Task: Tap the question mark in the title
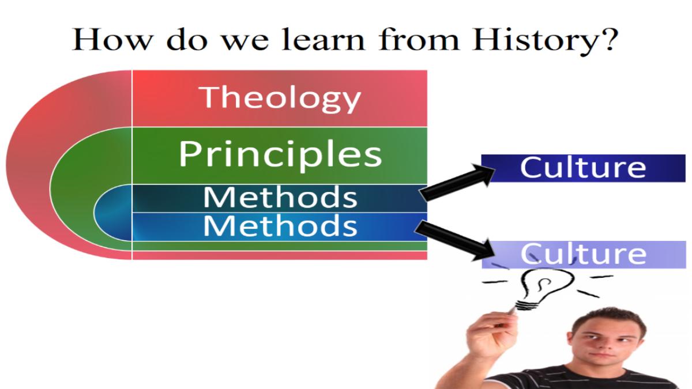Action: click(608, 40)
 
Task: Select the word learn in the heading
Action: click(324, 40)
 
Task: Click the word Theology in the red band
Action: click(280, 99)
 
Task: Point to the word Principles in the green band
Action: click(280, 155)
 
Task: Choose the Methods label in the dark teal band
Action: click(280, 198)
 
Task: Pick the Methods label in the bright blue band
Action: click(280, 226)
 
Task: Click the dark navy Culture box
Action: click(583, 168)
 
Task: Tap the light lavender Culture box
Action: click(584, 254)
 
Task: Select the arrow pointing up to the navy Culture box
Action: click(457, 183)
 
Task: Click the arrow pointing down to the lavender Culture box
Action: click(454, 241)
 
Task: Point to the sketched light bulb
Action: click(544, 288)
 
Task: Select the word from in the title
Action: click(419, 40)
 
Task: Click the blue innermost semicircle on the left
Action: click(113, 213)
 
